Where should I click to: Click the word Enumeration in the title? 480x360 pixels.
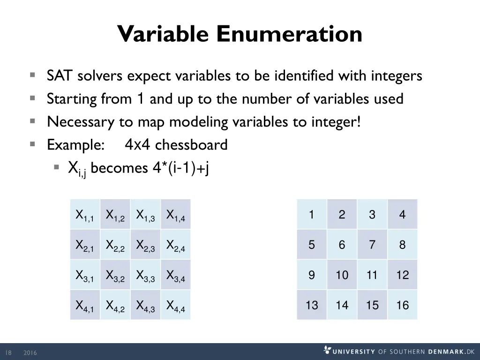tap(289, 33)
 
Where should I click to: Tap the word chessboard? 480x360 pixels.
tap(191, 144)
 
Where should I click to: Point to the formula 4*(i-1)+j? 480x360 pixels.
tap(180, 168)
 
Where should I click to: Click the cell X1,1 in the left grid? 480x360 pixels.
tap(85, 214)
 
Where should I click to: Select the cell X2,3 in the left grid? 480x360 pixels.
tap(145, 244)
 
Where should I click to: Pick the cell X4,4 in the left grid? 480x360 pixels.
tap(175, 305)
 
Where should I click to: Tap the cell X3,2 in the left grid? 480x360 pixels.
tap(115, 275)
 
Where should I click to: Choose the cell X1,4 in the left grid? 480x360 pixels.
tap(175, 214)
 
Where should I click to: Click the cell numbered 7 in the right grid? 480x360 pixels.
tap(372, 244)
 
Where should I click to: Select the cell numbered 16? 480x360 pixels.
tap(403, 305)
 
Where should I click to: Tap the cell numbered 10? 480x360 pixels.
tap(342, 275)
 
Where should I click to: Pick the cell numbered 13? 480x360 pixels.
tap(312, 305)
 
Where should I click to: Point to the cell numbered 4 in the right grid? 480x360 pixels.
tap(403, 214)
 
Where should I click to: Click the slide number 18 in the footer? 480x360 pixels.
tap(8, 352)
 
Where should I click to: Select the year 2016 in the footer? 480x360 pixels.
tap(30, 352)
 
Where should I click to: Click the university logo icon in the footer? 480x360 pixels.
tap(327, 350)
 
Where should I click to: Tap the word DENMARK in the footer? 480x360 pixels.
tap(446, 352)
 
